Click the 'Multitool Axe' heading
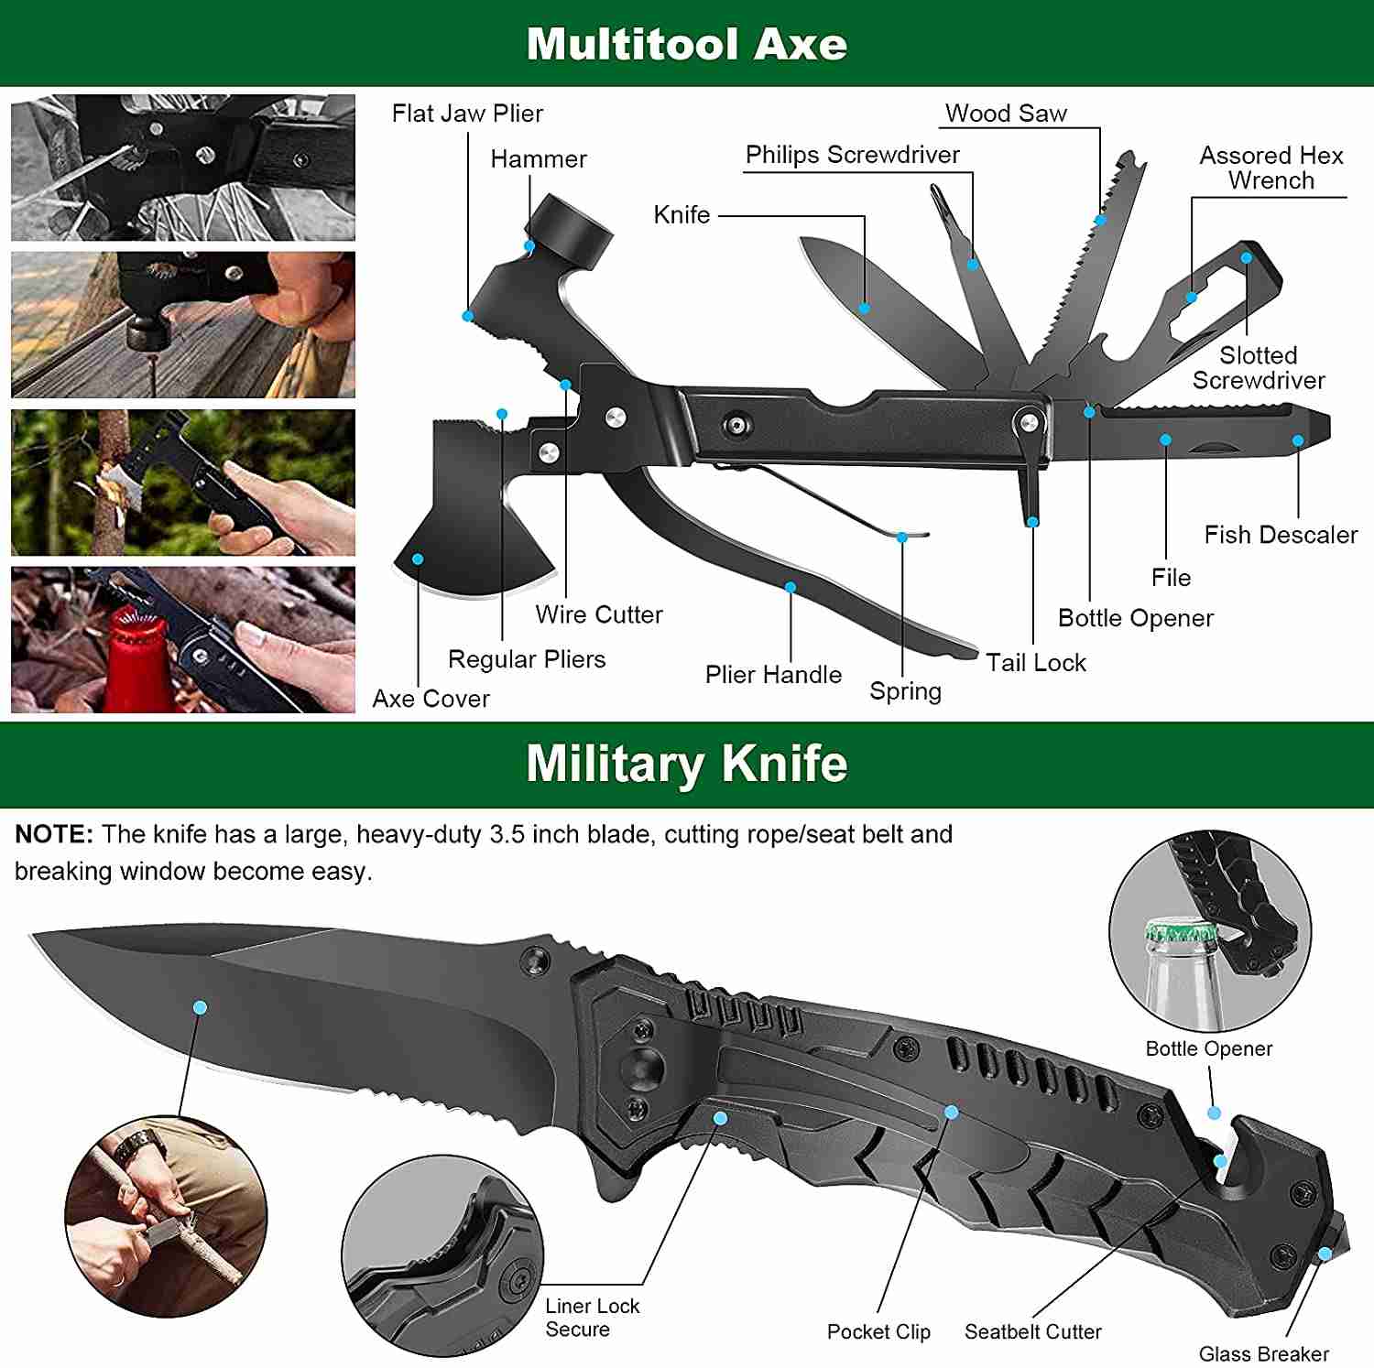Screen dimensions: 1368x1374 [x=686, y=44]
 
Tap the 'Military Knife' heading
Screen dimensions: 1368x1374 [x=686, y=764]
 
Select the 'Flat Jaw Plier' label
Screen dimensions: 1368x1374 [x=467, y=114]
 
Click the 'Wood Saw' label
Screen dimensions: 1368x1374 [x=1006, y=114]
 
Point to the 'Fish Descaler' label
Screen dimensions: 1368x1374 [x=1281, y=535]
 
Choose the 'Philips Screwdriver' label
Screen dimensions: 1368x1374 [x=852, y=155]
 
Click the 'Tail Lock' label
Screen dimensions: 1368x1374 [x=1036, y=662]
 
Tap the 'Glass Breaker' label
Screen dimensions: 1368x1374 [x=1263, y=1353]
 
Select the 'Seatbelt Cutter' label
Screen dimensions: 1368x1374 [x=1032, y=1331]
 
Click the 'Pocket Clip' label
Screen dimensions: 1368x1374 [x=878, y=1331]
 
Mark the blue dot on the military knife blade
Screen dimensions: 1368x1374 [x=200, y=1007]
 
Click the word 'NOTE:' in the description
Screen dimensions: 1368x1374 [x=54, y=834]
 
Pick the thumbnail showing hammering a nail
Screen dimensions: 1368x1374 [x=183, y=325]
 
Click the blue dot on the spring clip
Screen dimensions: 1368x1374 [x=902, y=537]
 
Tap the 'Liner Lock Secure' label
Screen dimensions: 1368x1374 [x=592, y=1318]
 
